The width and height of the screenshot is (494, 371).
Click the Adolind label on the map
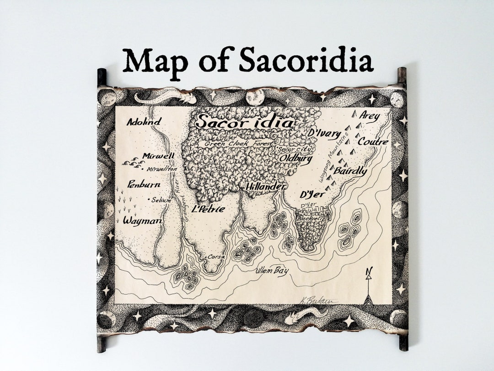(x=144, y=122)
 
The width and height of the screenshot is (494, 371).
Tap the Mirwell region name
(x=158, y=156)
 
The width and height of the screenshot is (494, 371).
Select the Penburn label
(x=144, y=185)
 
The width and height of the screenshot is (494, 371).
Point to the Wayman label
(x=142, y=221)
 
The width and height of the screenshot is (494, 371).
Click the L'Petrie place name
(x=209, y=209)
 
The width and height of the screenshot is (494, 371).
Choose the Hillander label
(x=265, y=187)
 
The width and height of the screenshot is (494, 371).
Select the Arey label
(x=369, y=116)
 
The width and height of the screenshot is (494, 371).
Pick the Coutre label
(x=372, y=142)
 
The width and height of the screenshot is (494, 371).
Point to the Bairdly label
(x=350, y=171)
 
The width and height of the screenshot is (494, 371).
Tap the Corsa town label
(x=216, y=257)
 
